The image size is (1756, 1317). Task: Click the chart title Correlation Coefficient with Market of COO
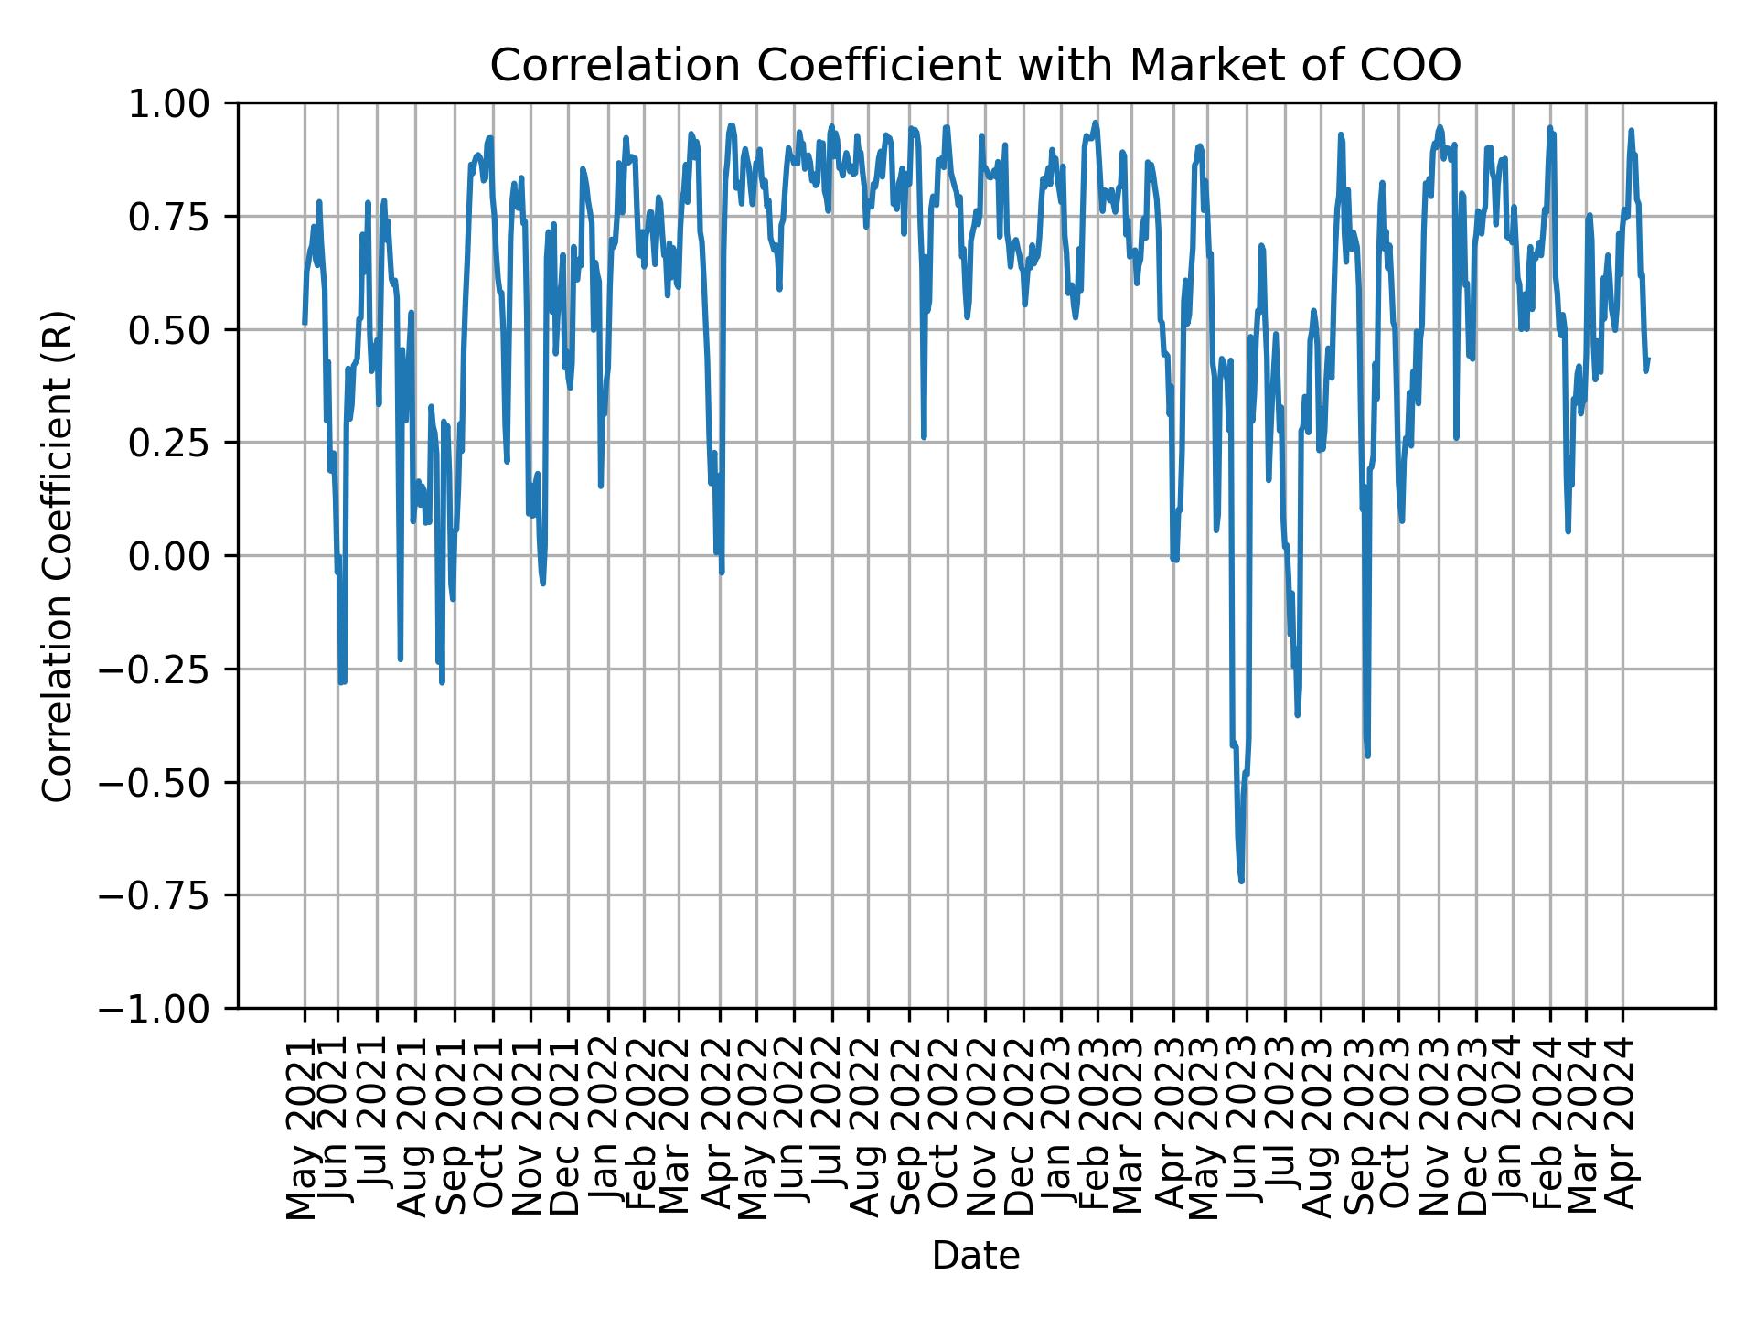975,66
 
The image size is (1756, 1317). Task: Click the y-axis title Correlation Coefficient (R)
58,556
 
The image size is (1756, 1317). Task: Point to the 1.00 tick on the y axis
181,103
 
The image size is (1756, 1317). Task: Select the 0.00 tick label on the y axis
181,556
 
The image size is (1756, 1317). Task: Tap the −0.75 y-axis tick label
170,895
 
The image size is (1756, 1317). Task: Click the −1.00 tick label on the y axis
170,1008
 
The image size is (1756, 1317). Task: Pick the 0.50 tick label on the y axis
181,330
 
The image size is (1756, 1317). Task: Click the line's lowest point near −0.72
1241,881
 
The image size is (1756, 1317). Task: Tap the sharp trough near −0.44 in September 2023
1367,755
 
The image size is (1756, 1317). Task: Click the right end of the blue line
1648,359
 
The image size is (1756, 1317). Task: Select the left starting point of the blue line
305,323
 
